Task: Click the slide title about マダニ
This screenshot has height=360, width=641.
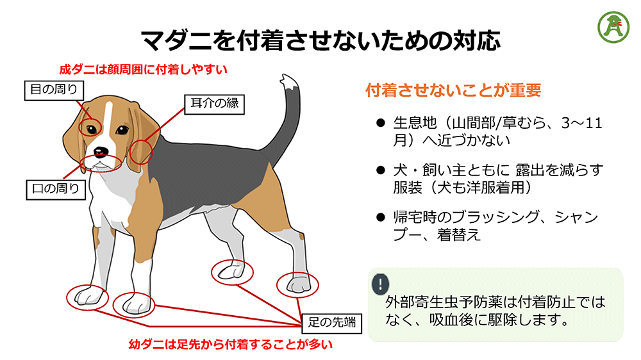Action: click(x=320, y=40)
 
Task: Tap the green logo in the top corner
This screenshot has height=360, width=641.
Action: click(x=613, y=25)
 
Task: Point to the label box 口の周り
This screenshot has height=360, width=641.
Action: click(x=56, y=188)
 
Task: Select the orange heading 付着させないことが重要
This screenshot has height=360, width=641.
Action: click(x=453, y=90)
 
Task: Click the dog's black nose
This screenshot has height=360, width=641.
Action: click(x=100, y=152)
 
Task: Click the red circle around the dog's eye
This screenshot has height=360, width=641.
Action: click(x=90, y=127)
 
